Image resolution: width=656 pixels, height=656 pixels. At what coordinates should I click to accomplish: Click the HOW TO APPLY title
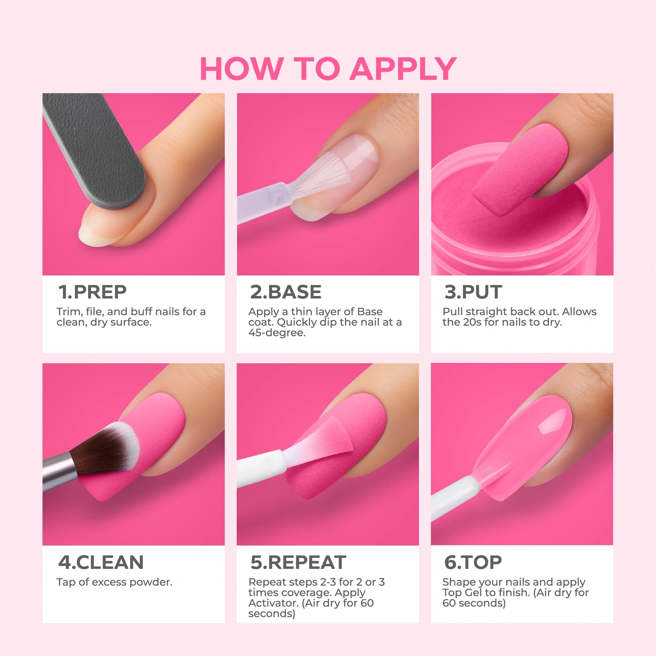coord(328,69)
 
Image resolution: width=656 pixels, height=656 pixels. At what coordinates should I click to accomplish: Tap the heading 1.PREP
coord(92,292)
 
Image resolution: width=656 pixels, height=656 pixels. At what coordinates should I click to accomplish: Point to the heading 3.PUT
coord(473,292)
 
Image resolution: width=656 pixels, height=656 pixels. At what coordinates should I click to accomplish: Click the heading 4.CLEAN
coord(101,562)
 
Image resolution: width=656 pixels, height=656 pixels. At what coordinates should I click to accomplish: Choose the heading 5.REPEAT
coord(298,562)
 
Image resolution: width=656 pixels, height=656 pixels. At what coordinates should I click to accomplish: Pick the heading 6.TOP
coord(473,562)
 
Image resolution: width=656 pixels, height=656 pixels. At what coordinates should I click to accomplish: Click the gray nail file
coord(95,149)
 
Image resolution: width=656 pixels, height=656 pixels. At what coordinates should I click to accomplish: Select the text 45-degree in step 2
coord(277,333)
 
